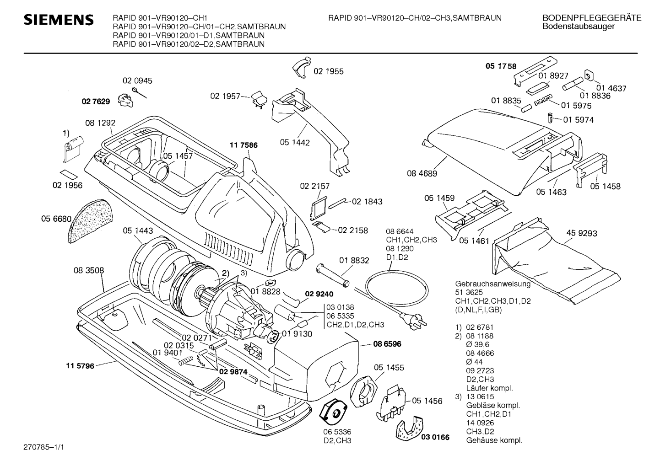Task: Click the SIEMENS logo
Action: (59, 20)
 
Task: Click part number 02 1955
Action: (328, 71)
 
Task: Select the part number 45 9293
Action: (582, 233)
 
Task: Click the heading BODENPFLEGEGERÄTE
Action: (592, 18)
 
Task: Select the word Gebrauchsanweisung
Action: (487, 284)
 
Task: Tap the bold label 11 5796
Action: (80, 366)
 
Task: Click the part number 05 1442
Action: (295, 143)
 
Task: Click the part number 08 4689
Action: (422, 173)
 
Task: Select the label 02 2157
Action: (315, 187)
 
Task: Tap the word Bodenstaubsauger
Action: (579, 27)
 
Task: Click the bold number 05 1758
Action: (501, 66)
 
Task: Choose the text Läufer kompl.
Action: (489, 388)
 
